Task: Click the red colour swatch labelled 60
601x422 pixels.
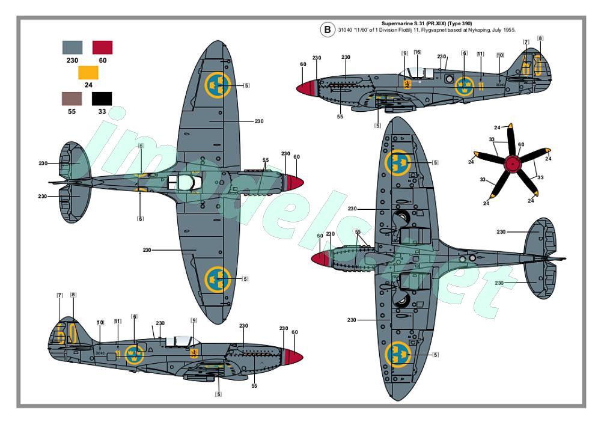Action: [x=102, y=47]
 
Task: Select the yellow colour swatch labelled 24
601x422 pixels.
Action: [x=88, y=73]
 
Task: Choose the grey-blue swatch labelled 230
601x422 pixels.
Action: [x=73, y=47]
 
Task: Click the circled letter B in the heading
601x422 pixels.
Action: [x=327, y=29]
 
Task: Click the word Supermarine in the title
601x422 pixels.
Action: [x=398, y=23]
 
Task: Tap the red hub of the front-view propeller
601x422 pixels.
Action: [x=511, y=162]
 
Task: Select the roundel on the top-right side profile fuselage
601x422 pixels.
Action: [x=463, y=86]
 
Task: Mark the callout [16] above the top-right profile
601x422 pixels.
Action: [x=417, y=52]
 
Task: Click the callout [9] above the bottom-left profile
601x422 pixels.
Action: [x=194, y=320]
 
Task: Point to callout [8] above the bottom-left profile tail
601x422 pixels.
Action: [x=73, y=295]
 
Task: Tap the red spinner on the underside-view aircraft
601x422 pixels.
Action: [x=321, y=259]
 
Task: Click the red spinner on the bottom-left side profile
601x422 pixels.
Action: [x=292, y=356]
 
